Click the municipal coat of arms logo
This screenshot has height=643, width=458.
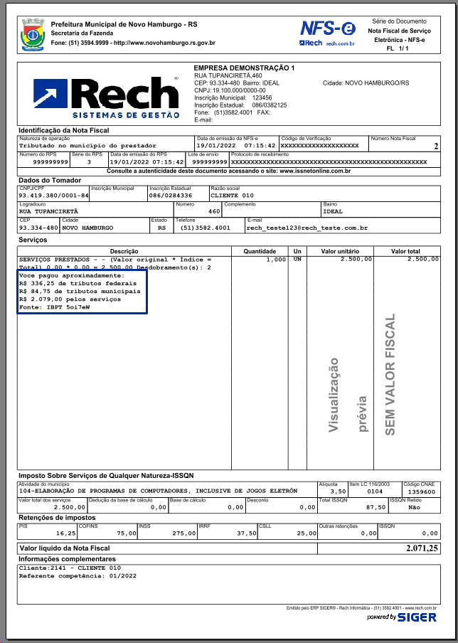point(33,34)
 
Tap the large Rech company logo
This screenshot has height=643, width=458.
point(106,98)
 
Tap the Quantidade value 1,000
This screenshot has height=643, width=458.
point(275,260)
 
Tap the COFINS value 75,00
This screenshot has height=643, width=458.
point(127,533)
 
